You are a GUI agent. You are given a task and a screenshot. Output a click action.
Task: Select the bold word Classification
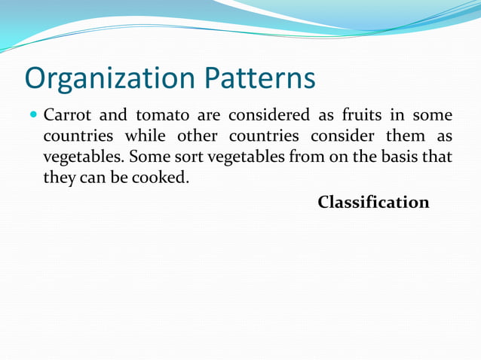[x=373, y=203]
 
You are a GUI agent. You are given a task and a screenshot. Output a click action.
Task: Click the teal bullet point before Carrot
[x=33, y=116]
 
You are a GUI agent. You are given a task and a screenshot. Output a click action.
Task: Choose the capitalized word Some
[x=146, y=158]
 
